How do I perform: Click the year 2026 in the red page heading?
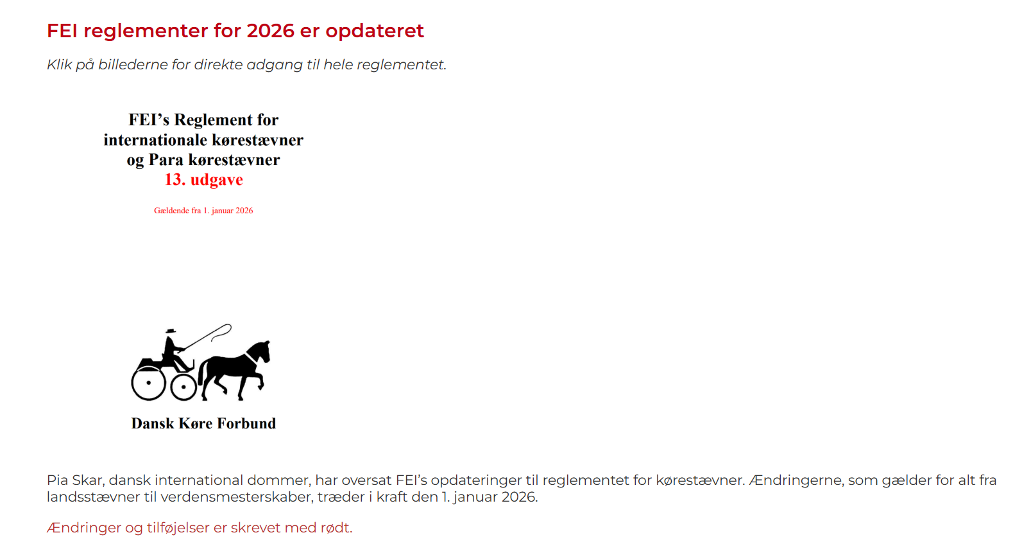[271, 31]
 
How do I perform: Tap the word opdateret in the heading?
[375, 31]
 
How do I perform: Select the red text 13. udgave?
[203, 179]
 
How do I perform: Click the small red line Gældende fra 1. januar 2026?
[203, 211]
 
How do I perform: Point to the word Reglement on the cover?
[213, 119]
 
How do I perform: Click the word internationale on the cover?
[153, 140]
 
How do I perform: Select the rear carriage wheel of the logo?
[149, 383]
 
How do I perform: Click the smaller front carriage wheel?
[183, 387]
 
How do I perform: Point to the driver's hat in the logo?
[171, 331]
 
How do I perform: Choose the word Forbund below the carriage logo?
[246, 424]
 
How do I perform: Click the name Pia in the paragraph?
[58, 480]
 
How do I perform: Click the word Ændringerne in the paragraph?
[796, 480]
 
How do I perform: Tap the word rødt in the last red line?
[336, 528]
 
